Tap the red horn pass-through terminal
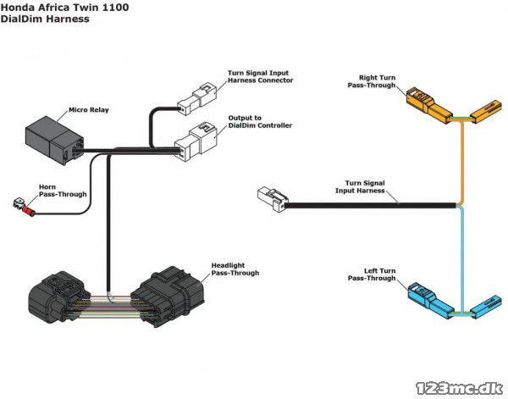(29, 211)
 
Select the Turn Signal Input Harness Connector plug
(196, 99)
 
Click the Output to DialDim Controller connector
(196, 141)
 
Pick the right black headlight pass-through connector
(168, 296)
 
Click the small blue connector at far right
(486, 307)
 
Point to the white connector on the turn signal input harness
(273, 199)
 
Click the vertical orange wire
(462, 162)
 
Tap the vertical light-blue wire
(461, 259)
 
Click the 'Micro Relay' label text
(89, 110)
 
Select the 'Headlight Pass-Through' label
(235, 269)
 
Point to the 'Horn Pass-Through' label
(63, 191)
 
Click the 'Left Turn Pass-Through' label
(372, 274)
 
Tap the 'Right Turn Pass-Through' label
(372, 81)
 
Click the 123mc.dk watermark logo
(460, 388)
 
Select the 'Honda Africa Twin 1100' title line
(64, 8)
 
